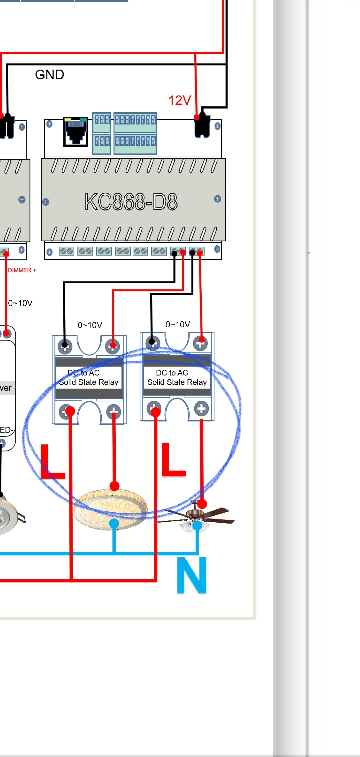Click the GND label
tap(49, 75)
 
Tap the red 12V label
tap(180, 100)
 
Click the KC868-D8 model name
tap(131, 202)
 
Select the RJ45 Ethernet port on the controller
tap(76, 131)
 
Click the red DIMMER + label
tap(22, 270)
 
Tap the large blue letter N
tap(192, 576)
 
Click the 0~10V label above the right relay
tap(178, 325)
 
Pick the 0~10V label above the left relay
tap(90, 325)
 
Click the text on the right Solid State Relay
tap(177, 378)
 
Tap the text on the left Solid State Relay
tap(89, 378)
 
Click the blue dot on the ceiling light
tap(114, 523)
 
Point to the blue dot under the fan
tap(197, 526)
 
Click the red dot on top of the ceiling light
tap(114, 486)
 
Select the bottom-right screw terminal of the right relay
tap(201, 409)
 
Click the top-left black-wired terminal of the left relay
tap(65, 346)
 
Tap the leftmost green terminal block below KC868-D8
tap(66, 251)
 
